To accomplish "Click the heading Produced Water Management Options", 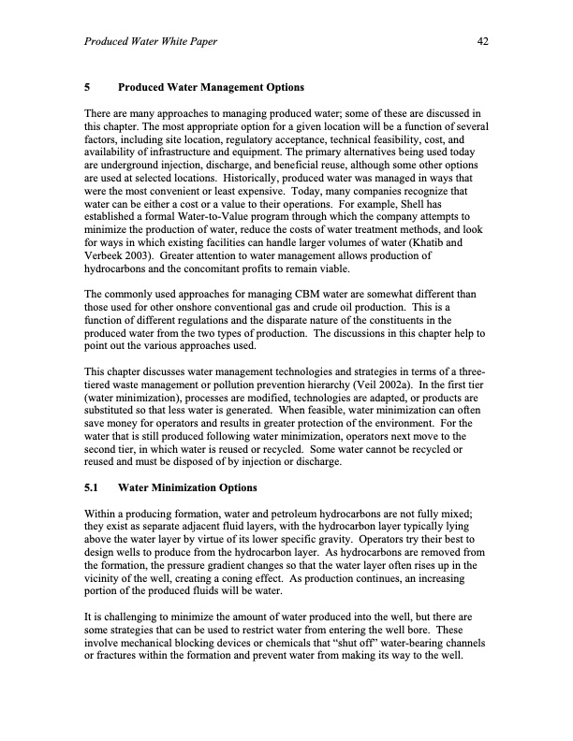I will (x=211, y=89).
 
